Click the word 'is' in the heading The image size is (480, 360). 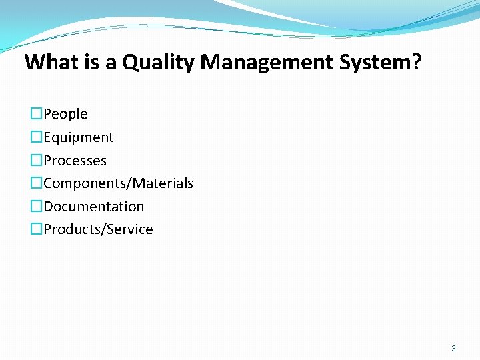pos(92,63)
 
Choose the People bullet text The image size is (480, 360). pos(65,114)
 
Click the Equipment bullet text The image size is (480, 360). pos(78,137)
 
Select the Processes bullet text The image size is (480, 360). pos(75,161)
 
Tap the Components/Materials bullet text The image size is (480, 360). pos(118,183)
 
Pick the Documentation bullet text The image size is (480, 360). pos(93,207)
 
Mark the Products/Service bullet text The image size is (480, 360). pos(98,229)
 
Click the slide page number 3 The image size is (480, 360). pos(453,348)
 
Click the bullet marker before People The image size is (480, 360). pos(36,114)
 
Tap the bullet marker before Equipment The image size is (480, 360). pos(36,137)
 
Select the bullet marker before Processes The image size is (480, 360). pos(36,161)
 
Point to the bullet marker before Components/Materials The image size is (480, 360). pos(36,183)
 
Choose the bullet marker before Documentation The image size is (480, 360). pos(36,207)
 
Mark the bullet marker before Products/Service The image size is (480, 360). pos(36,229)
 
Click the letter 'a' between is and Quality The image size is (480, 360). pos(110,64)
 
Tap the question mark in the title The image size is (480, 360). pos(417,63)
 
